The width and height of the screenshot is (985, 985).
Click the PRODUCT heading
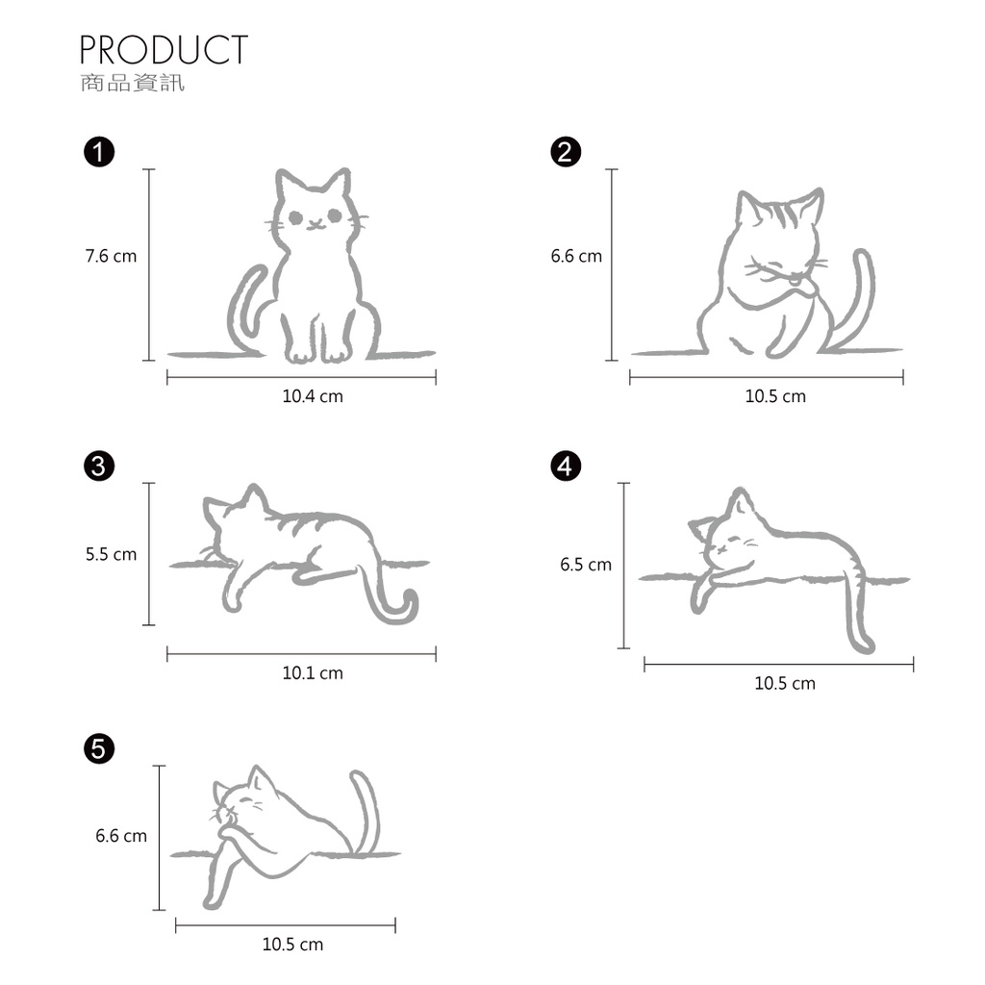coord(164,50)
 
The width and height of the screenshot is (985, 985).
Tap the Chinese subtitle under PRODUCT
coord(133,83)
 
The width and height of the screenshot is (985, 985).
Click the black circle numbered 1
coord(99,152)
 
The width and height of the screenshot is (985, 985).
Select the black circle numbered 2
coord(566,152)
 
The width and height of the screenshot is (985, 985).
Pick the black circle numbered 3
coord(99,467)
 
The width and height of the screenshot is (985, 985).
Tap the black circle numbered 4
coord(566,467)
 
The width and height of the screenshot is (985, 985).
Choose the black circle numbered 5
coord(99,748)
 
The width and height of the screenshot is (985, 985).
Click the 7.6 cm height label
coord(111,256)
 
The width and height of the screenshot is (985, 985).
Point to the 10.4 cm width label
coord(313,396)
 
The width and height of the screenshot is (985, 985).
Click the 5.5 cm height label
coord(111,554)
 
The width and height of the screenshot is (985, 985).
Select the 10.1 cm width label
coord(313,673)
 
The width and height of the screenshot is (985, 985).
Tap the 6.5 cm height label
coord(586,564)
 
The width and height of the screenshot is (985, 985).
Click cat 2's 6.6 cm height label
coord(576,256)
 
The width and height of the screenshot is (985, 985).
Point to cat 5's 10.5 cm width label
coord(292,945)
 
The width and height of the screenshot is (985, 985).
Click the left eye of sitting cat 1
coord(296,218)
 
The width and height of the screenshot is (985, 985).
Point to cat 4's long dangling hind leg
coord(855,616)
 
